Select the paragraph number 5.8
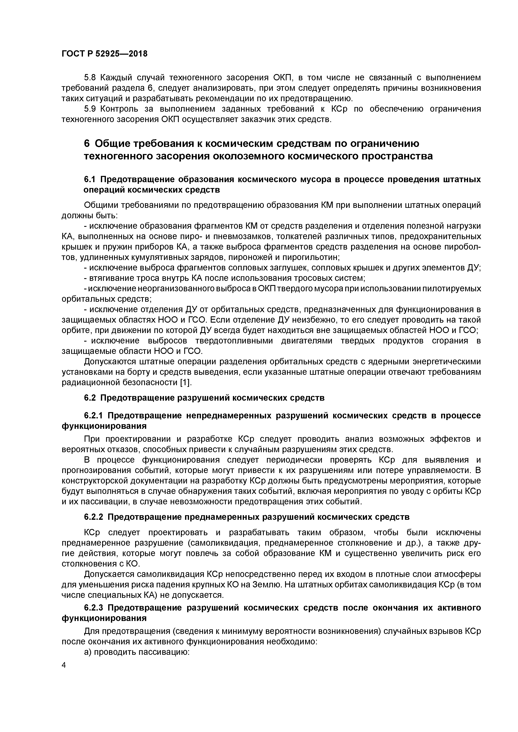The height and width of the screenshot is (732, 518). point(90,77)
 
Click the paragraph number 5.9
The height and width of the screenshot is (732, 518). point(90,109)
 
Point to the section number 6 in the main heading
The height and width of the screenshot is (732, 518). point(87,144)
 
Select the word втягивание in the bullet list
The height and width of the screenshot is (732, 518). point(109,278)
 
